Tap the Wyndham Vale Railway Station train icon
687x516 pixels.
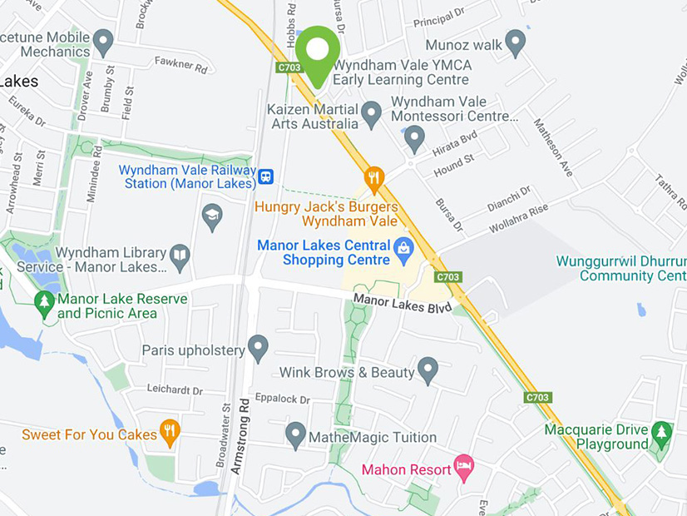[265, 176]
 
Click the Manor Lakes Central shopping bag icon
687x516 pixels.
[404, 246]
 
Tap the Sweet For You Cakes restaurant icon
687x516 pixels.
[170, 431]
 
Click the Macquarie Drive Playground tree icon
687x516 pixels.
[661, 432]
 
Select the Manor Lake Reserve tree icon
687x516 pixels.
[44, 301]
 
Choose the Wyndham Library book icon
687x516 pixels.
[180, 255]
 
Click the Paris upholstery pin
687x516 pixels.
[258, 346]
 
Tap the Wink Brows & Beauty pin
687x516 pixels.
[428, 369]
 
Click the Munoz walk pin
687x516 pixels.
[516, 42]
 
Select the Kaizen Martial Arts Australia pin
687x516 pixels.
[371, 112]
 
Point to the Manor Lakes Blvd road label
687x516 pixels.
[403, 303]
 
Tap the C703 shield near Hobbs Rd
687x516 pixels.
[289, 67]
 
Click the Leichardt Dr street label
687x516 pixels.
[175, 389]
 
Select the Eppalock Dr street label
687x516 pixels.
[282, 399]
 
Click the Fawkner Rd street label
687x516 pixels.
[180, 66]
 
